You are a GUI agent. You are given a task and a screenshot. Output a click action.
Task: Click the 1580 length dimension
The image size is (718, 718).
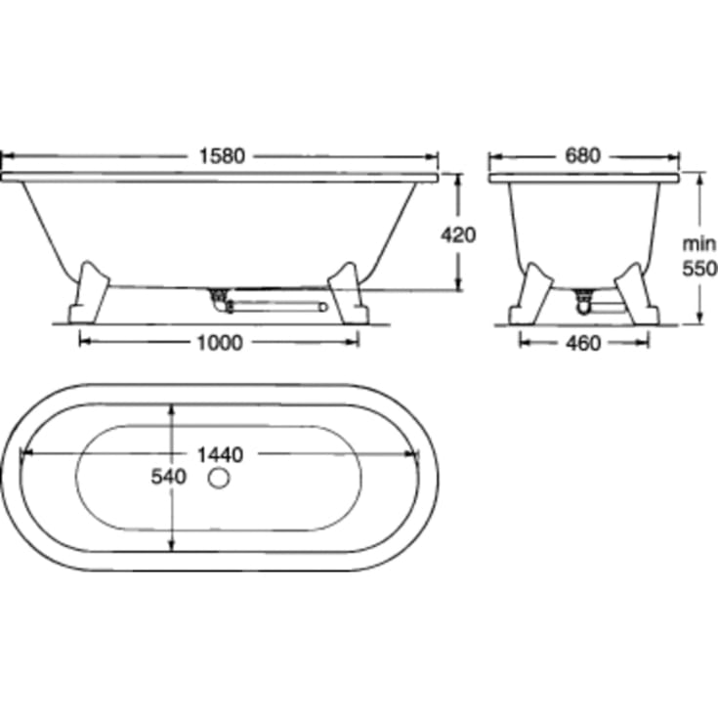tap(222, 156)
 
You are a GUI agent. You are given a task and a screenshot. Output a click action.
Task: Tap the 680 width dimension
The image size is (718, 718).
tap(582, 155)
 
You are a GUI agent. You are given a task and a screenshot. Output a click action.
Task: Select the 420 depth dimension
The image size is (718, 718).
tap(458, 234)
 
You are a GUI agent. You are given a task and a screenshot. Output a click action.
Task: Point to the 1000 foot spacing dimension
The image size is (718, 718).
tap(220, 343)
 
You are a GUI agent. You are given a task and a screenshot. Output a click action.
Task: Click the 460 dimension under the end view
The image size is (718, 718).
tap(583, 343)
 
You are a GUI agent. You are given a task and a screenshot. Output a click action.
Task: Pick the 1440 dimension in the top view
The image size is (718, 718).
tap(220, 454)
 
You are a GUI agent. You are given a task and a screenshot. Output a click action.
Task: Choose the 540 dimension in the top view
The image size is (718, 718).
tap(169, 477)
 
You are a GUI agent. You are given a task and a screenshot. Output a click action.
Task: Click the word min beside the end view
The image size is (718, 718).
tap(698, 244)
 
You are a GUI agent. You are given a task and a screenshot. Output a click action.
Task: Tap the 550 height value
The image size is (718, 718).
tap(699, 269)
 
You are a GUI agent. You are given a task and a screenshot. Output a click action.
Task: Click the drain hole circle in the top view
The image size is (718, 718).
tap(219, 478)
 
